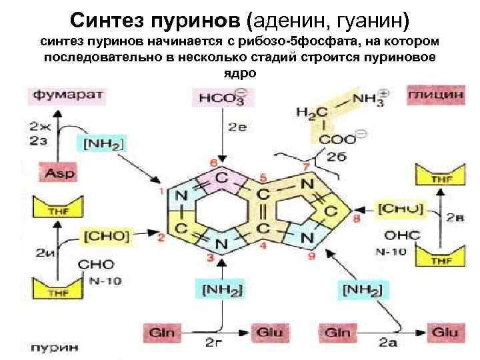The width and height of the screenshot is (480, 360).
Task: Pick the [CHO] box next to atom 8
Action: click(x=400, y=209)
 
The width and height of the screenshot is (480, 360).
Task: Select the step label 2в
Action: click(x=455, y=217)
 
